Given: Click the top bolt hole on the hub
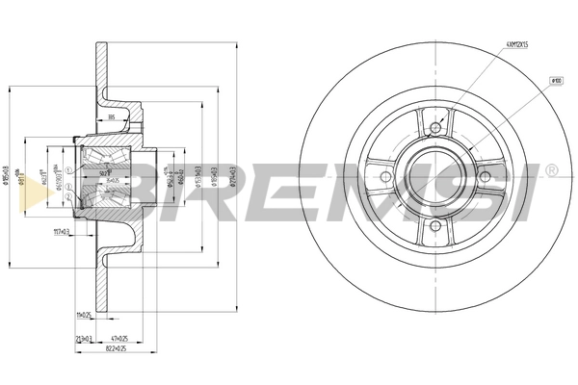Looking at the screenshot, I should pos(435,128).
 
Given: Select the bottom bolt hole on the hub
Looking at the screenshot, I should pos(435,226).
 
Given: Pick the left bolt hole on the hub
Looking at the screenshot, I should pos(386,177).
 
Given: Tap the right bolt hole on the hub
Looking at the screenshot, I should pos(486,177).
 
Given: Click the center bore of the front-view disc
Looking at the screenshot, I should pos(435,177).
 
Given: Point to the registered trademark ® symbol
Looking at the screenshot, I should pos(550,170).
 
